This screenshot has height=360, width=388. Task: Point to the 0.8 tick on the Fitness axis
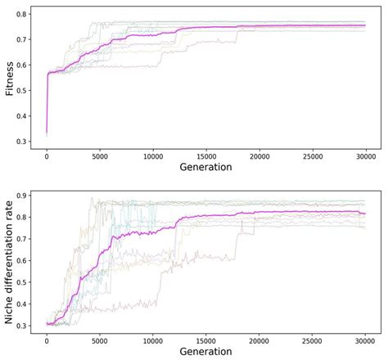[21, 15]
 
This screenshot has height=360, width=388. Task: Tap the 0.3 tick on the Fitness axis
[21, 142]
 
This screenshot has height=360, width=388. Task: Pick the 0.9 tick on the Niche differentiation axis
[21, 196]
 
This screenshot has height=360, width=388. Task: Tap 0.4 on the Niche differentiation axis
[21, 303]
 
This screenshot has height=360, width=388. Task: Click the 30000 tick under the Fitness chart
[365, 155]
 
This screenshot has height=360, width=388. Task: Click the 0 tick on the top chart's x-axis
[47, 155]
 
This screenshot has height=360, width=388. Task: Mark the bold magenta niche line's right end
[365, 214]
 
